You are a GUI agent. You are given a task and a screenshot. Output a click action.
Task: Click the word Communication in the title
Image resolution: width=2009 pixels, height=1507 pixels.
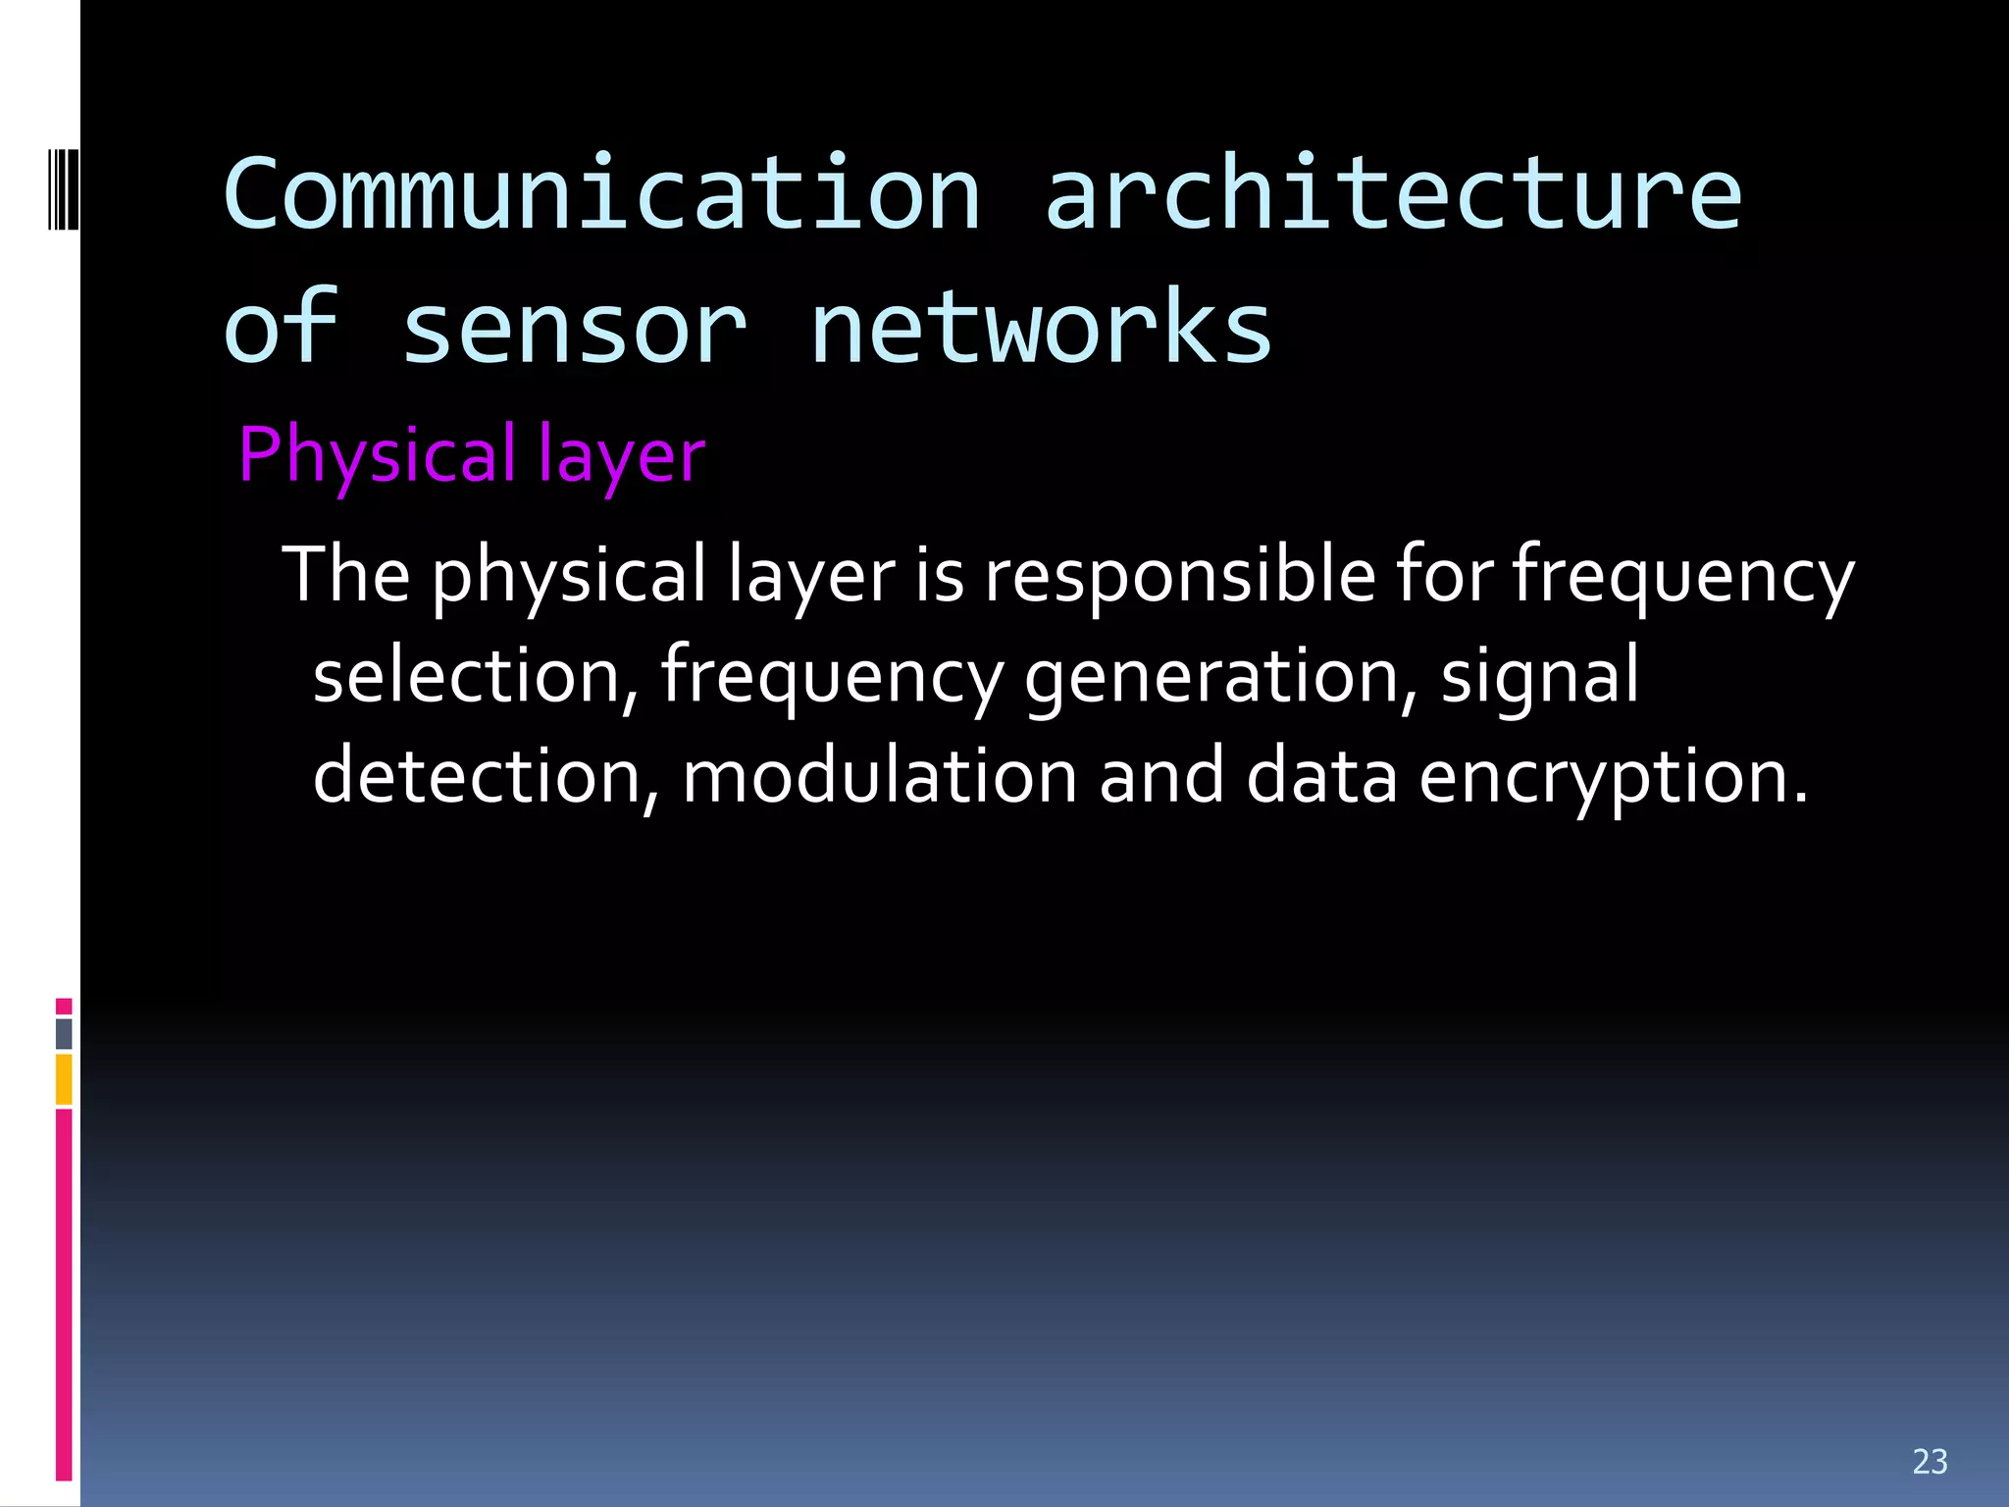pos(601,194)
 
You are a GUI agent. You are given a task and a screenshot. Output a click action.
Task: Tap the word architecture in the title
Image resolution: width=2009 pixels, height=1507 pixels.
pos(1393,194)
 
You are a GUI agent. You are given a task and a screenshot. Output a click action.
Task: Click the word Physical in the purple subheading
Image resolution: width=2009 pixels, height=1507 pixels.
pos(377,456)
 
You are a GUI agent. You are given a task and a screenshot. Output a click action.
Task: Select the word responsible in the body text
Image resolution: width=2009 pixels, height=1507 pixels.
pos(1180,576)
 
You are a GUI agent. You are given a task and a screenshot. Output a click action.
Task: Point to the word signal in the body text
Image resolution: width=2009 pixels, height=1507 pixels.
pos(1540,677)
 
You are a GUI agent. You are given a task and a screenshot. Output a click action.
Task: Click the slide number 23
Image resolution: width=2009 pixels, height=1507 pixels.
pos(1930,1462)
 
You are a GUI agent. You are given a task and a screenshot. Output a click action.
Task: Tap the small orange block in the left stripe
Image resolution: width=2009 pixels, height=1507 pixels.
pos(64,1079)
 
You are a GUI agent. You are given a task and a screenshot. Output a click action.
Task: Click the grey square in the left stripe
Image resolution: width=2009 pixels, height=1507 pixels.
pos(64,1033)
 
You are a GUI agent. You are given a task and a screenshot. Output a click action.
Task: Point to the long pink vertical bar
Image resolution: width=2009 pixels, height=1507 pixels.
pos(64,1295)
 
